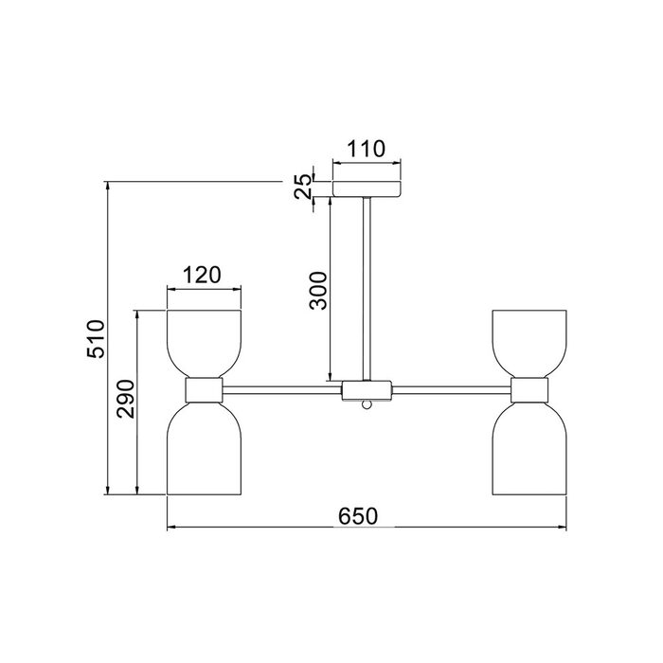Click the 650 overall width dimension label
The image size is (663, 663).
click(357, 516)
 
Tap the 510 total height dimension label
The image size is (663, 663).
click(96, 339)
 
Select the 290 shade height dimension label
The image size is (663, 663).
click(126, 399)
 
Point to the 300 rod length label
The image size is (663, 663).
click(318, 291)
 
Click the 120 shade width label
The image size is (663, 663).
click(202, 275)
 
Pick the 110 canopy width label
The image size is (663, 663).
click(367, 149)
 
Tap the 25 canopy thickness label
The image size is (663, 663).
click(303, 187)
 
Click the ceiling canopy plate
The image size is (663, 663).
click(367, 189)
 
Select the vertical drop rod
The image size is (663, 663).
click(367, 289)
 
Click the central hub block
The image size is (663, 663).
click(367, 390)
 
